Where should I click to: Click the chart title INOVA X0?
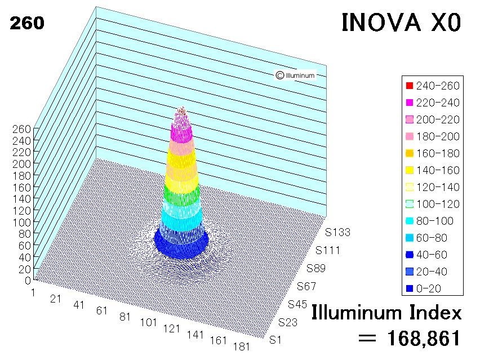(x=401, y=23)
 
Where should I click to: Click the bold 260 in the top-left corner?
(x=27, y=23)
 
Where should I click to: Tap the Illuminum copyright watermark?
(x=295, y=75)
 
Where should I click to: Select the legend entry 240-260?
(x=433, y=86)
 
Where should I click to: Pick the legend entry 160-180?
(x=433, y=153)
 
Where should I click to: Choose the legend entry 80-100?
(x=429, y=221)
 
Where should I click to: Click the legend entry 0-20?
(x=423, y=288)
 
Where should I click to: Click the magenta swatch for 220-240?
(x=409, y=103)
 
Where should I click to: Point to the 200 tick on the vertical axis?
(x=22, y=164)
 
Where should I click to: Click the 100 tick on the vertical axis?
(x=22, y=222)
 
